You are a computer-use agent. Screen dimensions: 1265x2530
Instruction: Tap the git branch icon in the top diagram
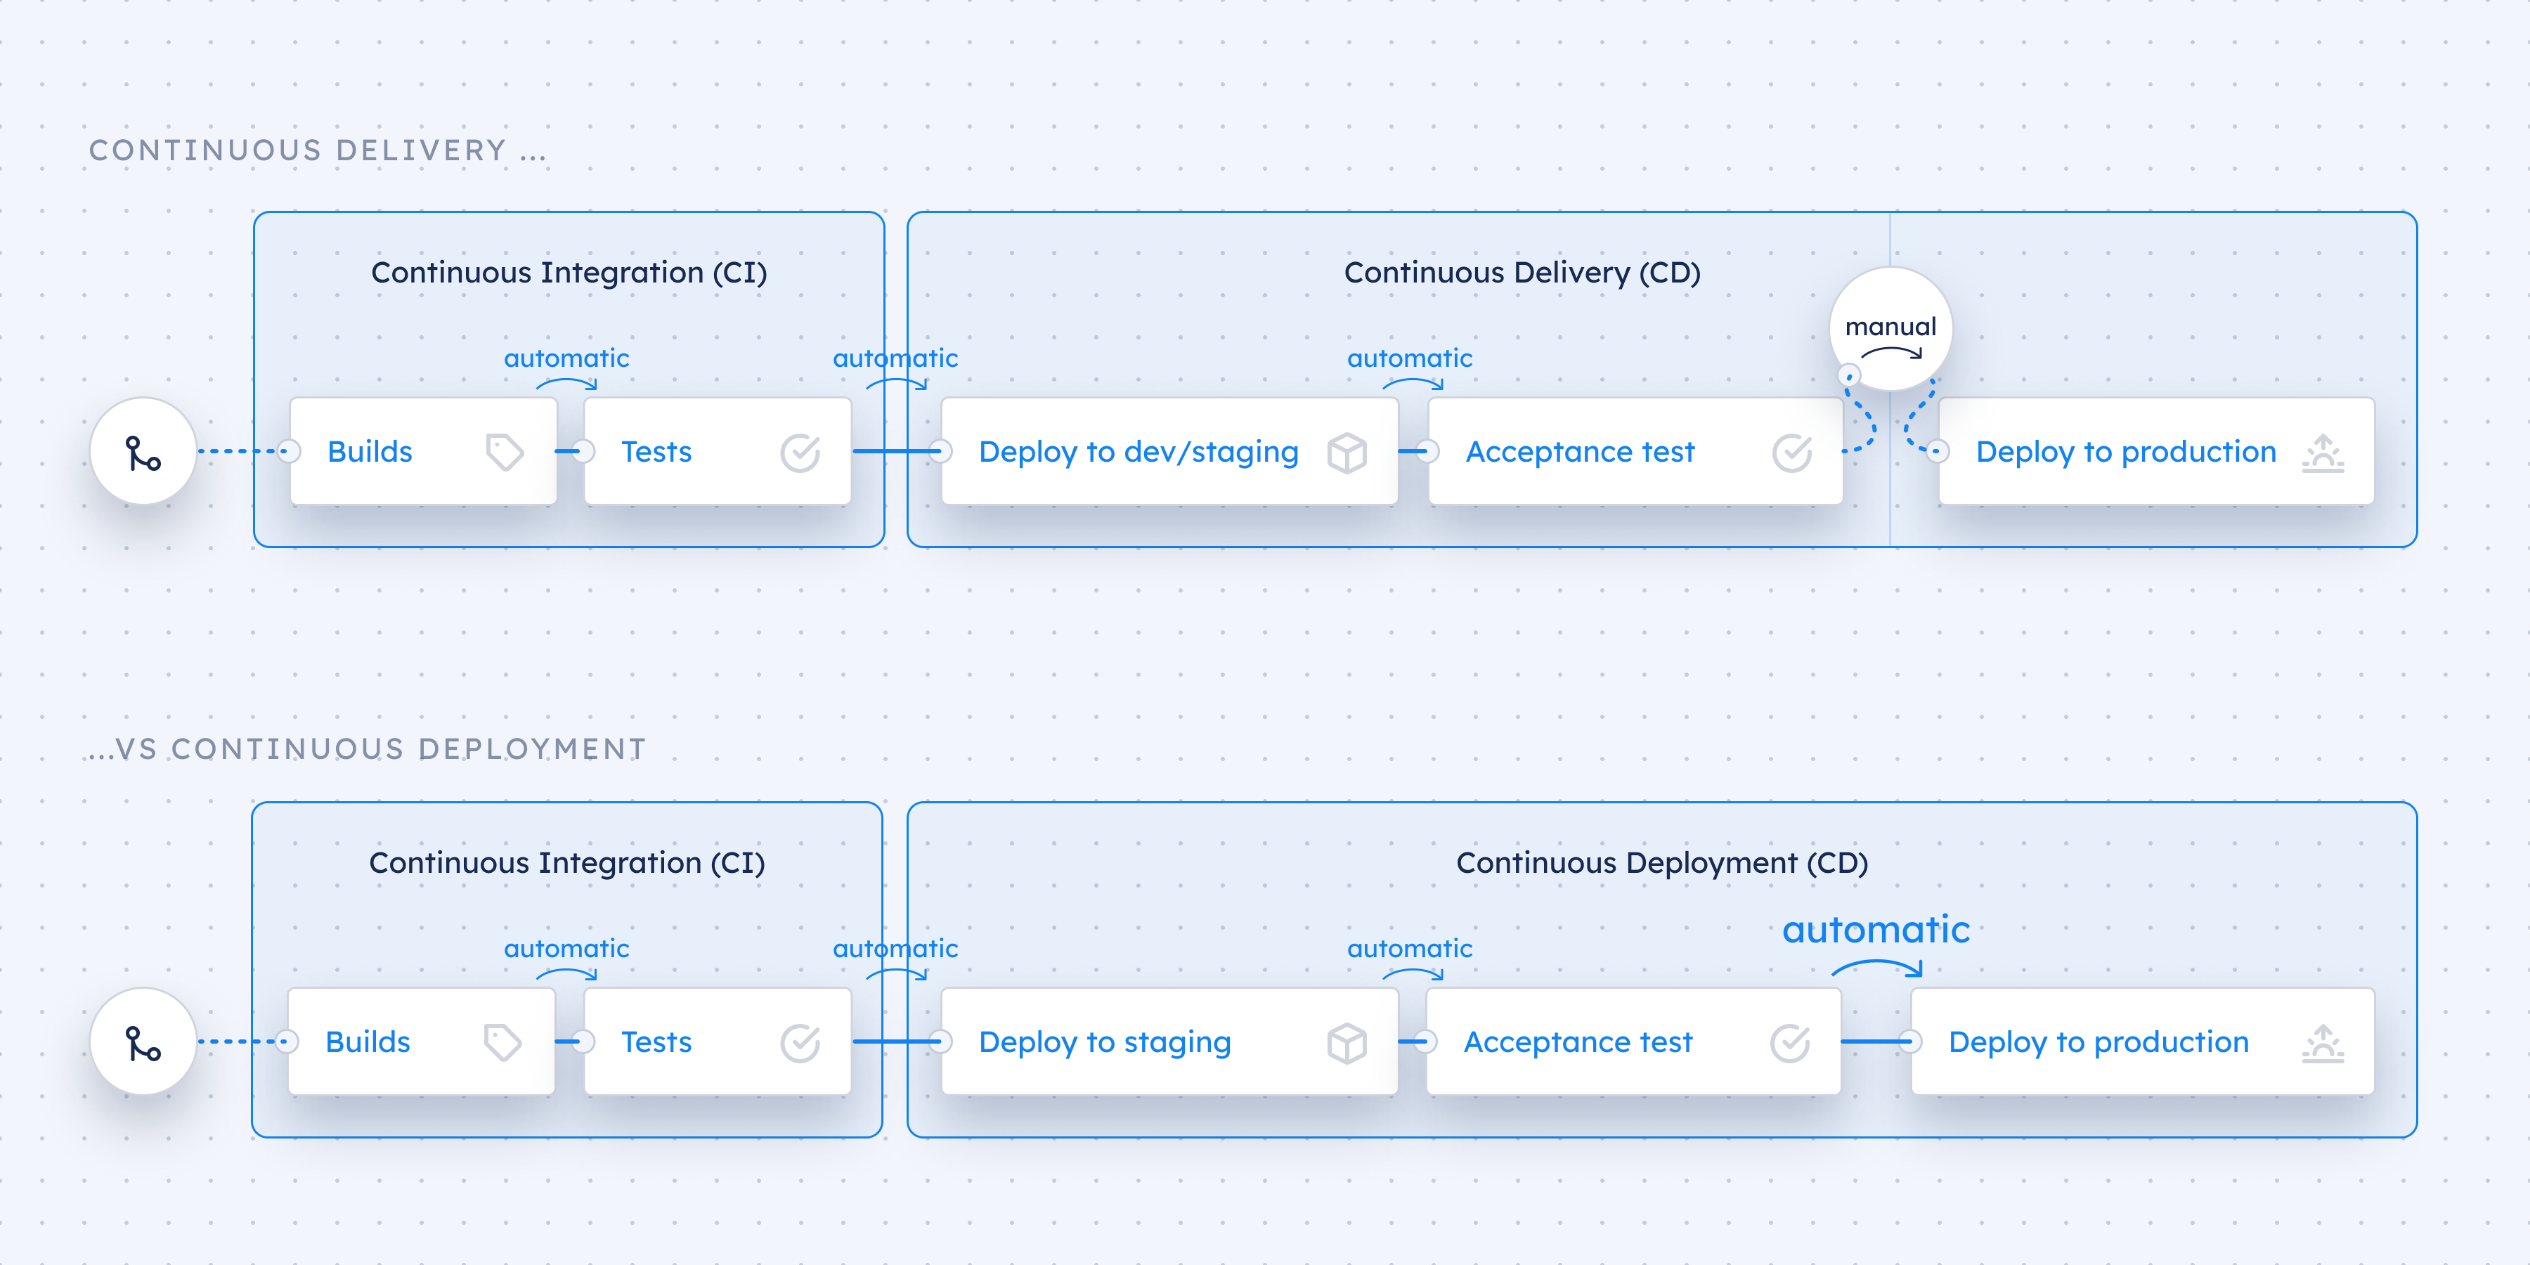pos(143,453)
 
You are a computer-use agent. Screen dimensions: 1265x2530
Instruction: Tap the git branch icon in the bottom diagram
pos(143,1043)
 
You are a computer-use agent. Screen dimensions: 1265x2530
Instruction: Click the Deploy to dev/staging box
pos(1168,452)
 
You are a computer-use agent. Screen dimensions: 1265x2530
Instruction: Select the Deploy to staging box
pos(1168,1042)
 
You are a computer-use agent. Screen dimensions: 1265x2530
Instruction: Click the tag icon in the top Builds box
pos(504,452)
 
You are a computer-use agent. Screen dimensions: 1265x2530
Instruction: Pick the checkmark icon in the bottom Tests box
pos(800,1043)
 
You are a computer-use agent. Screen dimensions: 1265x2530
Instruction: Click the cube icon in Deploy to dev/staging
pos(1347,453)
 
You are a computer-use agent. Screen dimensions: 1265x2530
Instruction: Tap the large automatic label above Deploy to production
pos(1875,929)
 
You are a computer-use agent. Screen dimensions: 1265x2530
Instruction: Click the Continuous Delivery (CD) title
pos(1522,272)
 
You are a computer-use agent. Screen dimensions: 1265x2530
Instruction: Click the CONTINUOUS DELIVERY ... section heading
pos(317,150)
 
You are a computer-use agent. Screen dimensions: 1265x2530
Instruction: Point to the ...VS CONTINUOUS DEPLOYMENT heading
pos(366,749)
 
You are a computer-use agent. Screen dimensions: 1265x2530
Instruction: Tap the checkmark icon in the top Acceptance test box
pos(1791,453)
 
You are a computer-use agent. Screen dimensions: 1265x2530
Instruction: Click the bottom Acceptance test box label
pos(1577,1042)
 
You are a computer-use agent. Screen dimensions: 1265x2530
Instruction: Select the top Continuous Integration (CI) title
pos(569,272)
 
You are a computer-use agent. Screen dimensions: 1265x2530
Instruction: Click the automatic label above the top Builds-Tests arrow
pos(566,358)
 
